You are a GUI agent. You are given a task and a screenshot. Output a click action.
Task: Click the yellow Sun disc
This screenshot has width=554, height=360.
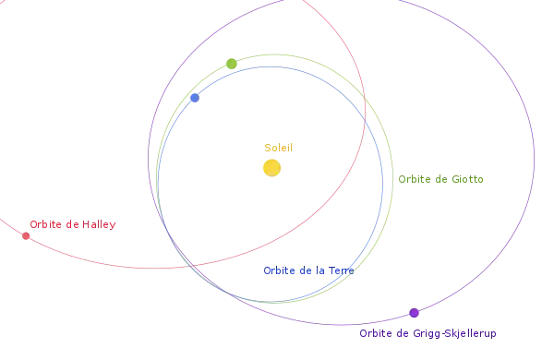click(x=271, y=168)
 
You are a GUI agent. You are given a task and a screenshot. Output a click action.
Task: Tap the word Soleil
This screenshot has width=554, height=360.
click(x=279, y=148)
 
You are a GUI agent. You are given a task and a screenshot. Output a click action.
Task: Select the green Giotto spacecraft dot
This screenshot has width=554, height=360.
click(x=232, y=64)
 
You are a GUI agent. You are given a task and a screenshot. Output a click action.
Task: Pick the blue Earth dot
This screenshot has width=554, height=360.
click(x=195, y=98)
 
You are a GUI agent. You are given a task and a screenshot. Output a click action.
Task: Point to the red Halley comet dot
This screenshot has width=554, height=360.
click(x=26, y=236)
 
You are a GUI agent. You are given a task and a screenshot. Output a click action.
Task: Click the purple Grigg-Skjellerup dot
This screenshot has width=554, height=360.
click(x=414, y=313)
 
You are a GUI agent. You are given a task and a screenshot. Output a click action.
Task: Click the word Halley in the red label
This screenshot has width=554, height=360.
click(x=99, y=224)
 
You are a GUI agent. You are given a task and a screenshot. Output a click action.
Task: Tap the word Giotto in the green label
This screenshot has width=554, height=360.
click(x=467, y=179)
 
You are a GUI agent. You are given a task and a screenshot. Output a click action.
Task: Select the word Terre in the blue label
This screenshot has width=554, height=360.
click(x=341, y=270)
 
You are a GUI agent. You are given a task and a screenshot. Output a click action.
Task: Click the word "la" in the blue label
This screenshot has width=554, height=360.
click(x=320, y=270)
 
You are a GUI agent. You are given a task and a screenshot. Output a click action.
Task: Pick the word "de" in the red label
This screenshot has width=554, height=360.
click(x=72, y=224)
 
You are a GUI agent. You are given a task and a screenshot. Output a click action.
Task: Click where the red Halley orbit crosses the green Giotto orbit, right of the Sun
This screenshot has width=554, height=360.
click(x=365, y=97)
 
